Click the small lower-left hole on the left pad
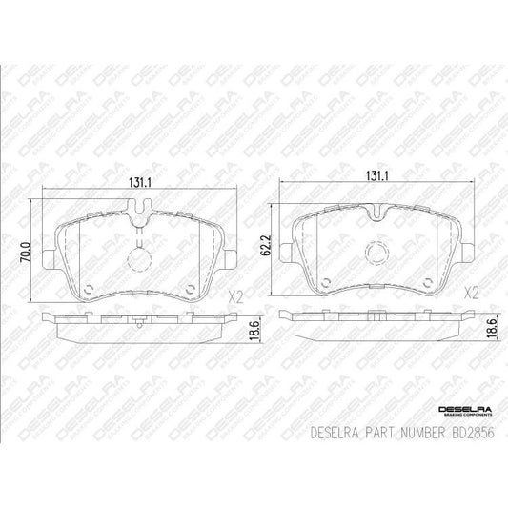(x=87, y=289)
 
